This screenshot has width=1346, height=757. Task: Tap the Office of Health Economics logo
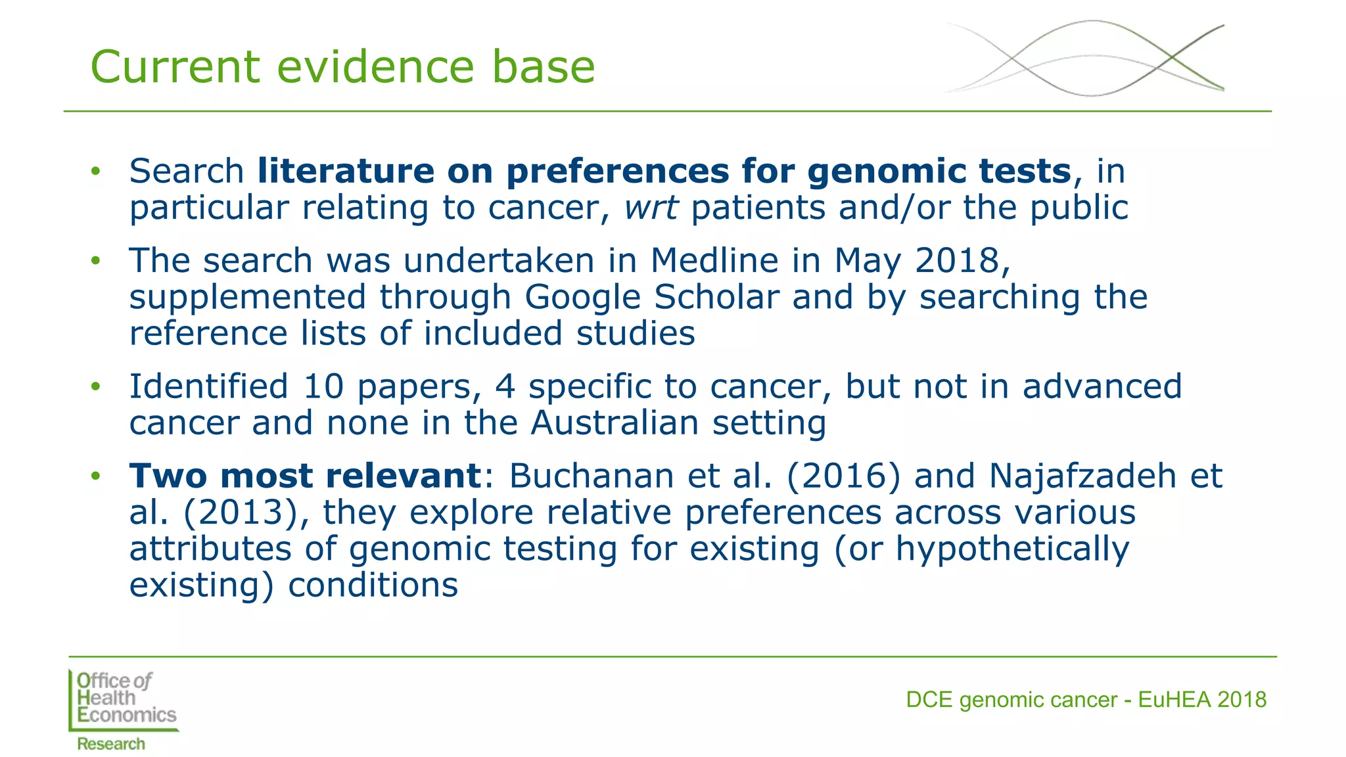(123, 700)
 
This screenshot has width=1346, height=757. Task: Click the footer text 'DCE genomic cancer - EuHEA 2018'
(1086, 700)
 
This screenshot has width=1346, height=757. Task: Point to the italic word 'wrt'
(650, 208)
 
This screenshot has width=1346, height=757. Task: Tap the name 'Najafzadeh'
(1082, 476)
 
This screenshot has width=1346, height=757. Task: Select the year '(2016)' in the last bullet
(843, 476)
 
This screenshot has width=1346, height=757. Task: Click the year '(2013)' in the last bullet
(241, 513)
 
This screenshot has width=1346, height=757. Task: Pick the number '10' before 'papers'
(323, 386)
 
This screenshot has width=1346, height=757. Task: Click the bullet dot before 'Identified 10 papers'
(96, 386)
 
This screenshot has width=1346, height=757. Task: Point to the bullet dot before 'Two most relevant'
(96, 476)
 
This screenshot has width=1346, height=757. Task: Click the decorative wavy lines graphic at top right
(1084, 58)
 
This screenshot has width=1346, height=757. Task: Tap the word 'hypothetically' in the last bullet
(1012, 549)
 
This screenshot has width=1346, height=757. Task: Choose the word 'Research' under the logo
(111, 744)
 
